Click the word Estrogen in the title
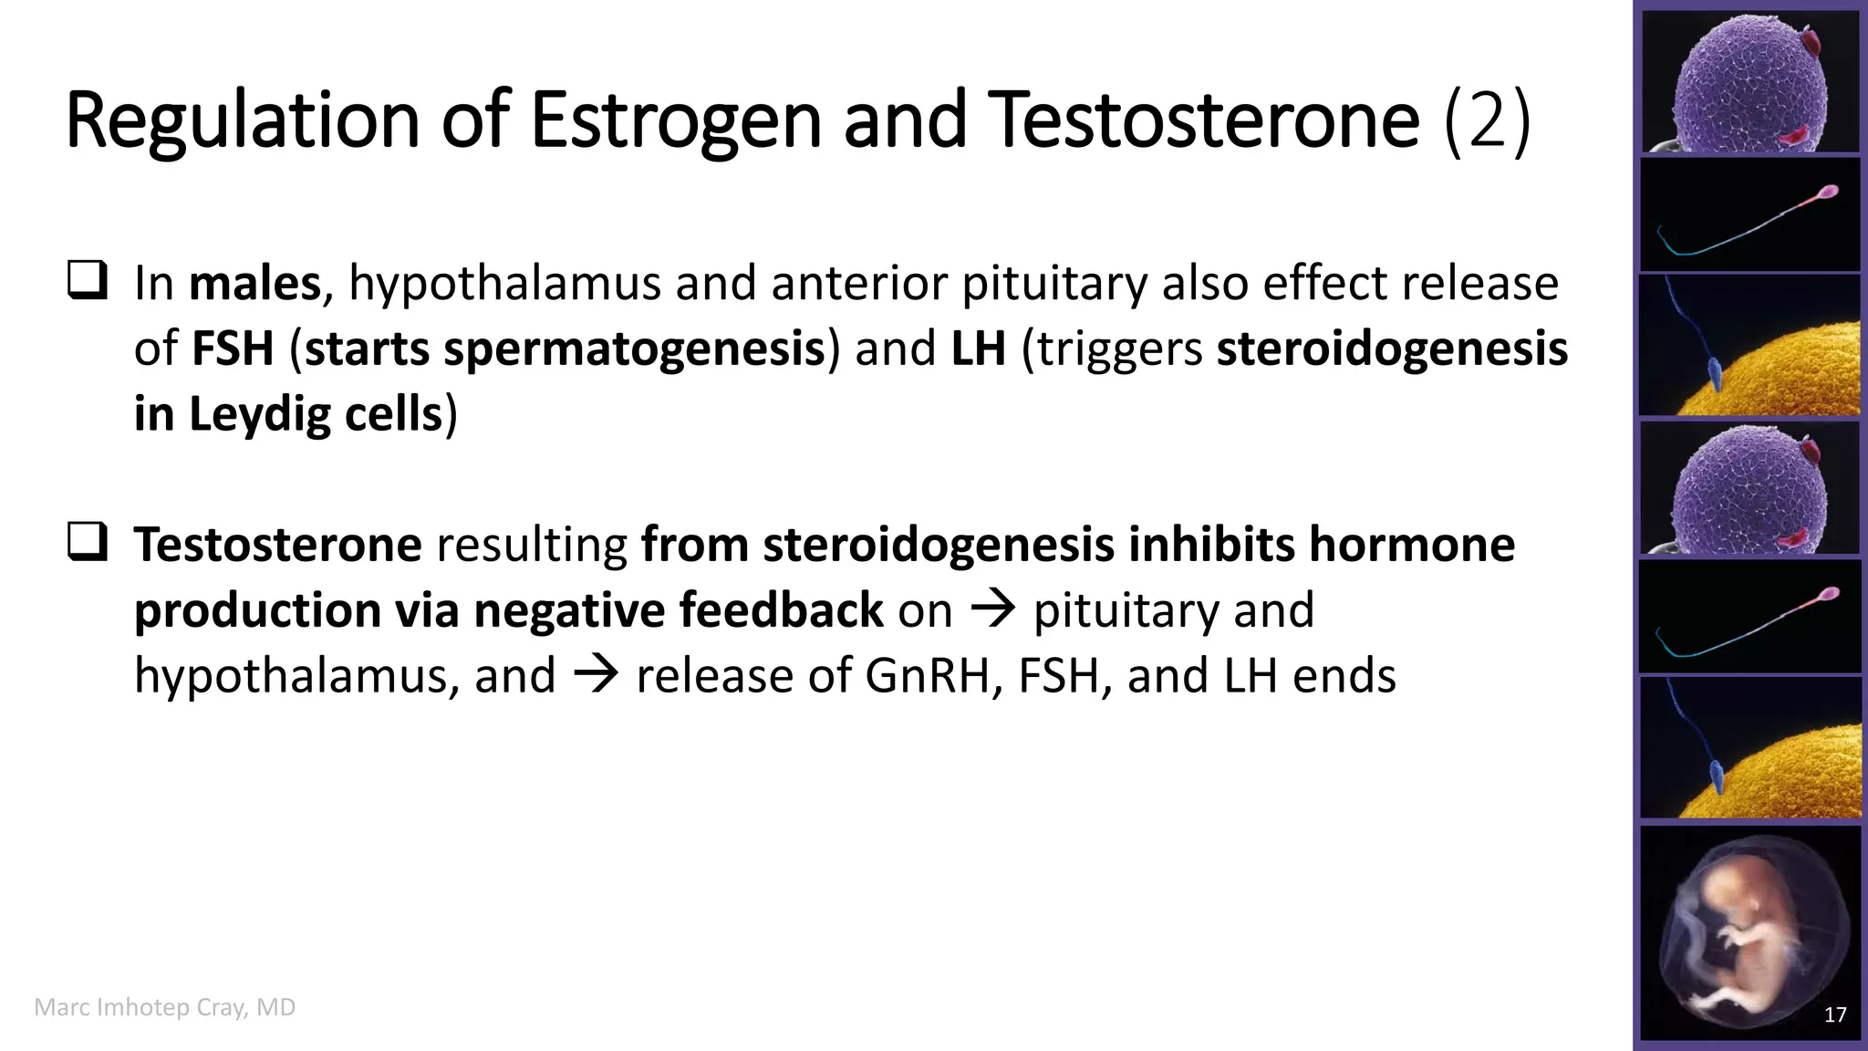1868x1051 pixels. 676,120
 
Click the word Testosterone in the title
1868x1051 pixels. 1204,120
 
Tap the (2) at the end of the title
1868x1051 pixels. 1487,120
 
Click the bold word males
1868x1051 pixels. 254,284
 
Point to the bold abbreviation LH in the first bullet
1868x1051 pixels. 978,349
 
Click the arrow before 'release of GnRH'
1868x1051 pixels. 596,676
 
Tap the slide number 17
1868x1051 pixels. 1835,1015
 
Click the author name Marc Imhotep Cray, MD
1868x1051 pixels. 165,1007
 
